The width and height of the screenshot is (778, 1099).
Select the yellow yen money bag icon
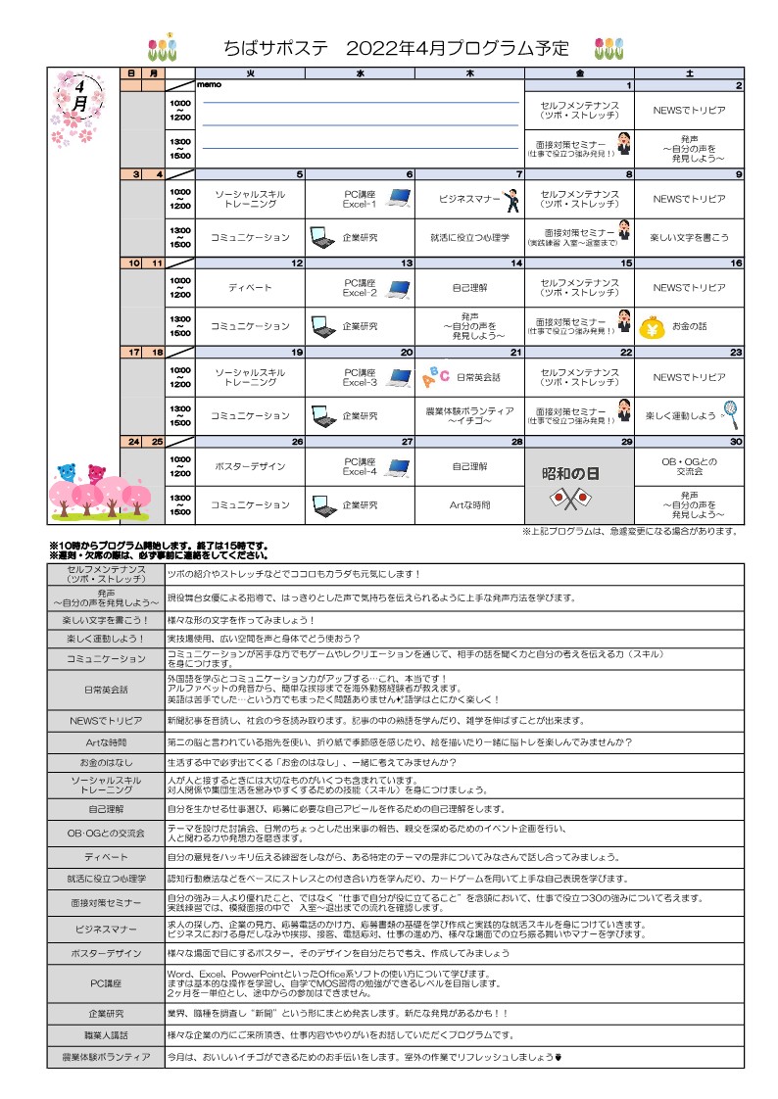click(x=652, y=326)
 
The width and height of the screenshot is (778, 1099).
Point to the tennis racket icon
click(x=730, y=414)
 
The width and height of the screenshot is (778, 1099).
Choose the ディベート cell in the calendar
click(x=250, y=288)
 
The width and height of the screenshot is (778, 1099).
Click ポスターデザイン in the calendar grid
click(x=250, y=467)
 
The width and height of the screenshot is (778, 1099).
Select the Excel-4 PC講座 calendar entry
click(x=361, y=466)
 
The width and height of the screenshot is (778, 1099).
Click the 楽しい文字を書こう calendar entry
click(x=689, y=237)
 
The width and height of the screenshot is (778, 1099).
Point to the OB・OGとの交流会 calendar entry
click(x=689, y=466)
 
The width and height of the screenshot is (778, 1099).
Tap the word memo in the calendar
click(x=210, y=84)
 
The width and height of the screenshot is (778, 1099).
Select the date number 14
click(x=516, y=263)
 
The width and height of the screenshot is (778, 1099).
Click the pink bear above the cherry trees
click(x=96, y=473)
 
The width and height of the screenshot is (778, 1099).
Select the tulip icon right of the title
click(x=608, y=47)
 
